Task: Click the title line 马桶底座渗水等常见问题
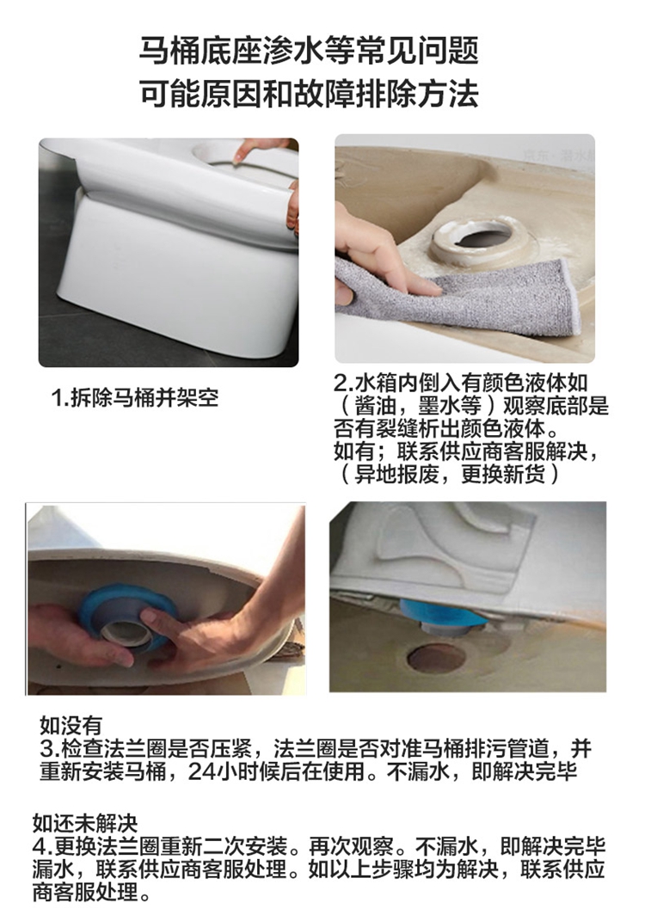point(309,50)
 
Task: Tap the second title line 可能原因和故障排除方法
point(309,94)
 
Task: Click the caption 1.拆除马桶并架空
point(134,397)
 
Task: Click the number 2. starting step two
point(344,383)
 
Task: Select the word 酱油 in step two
point(375,406)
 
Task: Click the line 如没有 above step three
point(71,726)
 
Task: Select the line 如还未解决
point(85,824)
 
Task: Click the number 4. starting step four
point(42,846)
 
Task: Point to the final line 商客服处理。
point(92,893)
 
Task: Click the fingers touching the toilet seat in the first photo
point(259,149)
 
